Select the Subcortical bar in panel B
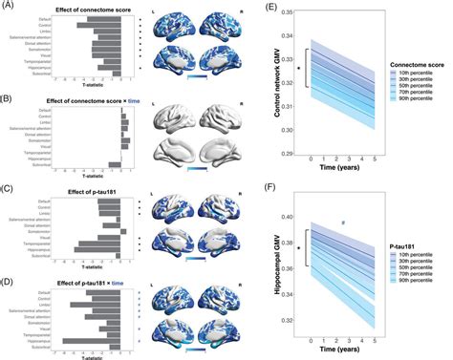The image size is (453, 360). pyautogui.click(x=115, y=164)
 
